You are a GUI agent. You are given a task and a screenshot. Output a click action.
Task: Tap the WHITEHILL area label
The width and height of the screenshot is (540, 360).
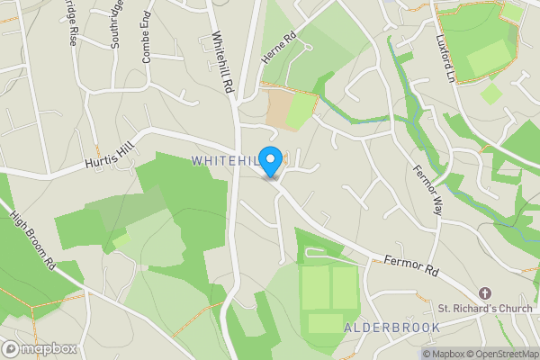point(225,160)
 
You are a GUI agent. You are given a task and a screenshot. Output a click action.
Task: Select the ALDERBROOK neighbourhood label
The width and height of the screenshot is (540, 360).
point(391,328)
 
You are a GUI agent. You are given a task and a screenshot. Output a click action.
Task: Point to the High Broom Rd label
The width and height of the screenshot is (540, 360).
point(33,241)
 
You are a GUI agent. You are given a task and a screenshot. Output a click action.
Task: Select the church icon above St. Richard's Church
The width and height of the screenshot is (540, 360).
point(485,294)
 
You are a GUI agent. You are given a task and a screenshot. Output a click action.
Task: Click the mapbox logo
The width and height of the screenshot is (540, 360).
point(40,348)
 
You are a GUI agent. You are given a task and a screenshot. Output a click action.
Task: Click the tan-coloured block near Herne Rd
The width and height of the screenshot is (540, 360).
point(288,107)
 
